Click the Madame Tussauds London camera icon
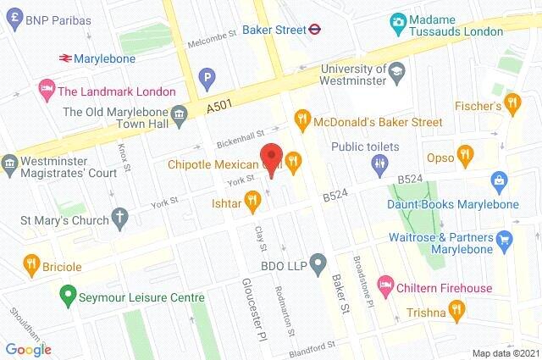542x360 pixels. point(397,20)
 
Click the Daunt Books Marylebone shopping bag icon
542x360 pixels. point(500,180)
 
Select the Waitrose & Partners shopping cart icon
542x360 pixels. point(506,239)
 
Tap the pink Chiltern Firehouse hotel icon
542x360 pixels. point(385,280)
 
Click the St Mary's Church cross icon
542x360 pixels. point(120,218)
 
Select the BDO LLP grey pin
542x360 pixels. point(318,263)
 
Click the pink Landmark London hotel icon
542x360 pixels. point(46,88)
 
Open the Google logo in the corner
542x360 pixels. point(28,348)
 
